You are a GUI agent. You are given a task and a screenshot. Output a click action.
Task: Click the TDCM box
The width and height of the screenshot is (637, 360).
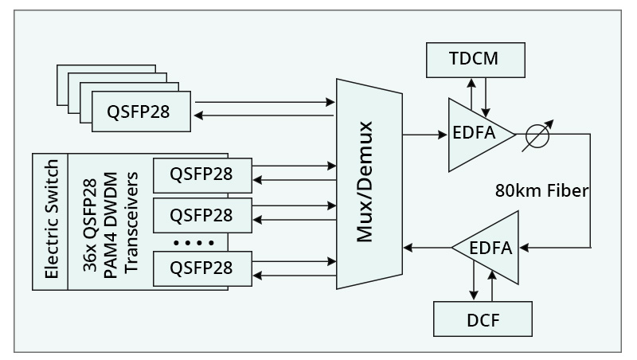476,58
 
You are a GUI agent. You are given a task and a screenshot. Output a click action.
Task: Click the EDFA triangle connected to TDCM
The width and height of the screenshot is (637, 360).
476,134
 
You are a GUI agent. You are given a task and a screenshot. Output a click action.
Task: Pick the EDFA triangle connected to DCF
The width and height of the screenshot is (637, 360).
487,248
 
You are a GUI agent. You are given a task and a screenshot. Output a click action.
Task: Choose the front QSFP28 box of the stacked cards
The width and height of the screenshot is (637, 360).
142,110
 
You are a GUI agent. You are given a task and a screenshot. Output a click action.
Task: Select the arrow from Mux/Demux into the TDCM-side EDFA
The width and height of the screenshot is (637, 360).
425,134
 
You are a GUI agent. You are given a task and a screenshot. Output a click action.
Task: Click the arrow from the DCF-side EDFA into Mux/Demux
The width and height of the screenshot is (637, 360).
429,248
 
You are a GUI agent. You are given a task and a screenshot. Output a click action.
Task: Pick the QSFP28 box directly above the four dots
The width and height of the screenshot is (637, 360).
201,215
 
